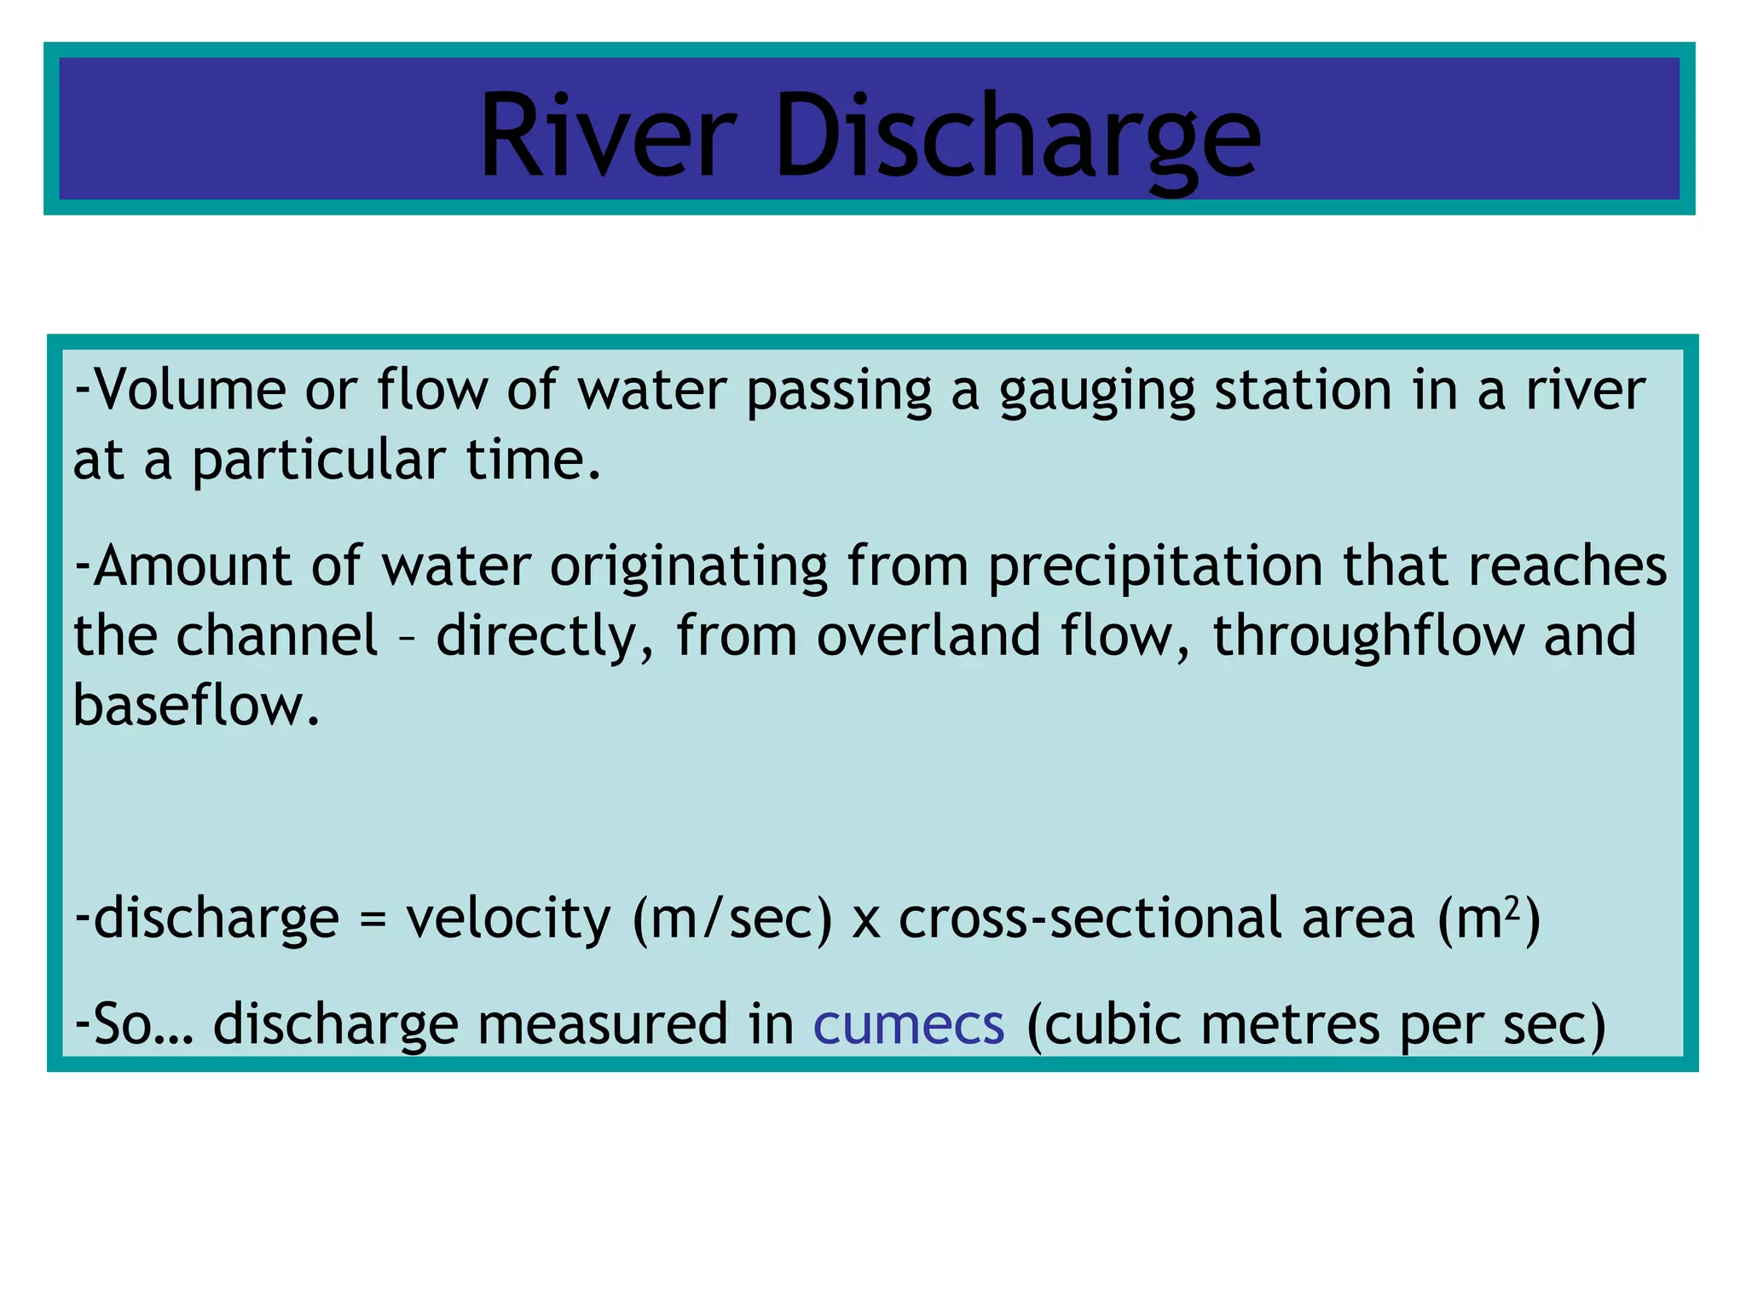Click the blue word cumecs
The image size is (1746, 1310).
[x=909, y=1025]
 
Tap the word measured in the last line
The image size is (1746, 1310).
[x=602, y=1025]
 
